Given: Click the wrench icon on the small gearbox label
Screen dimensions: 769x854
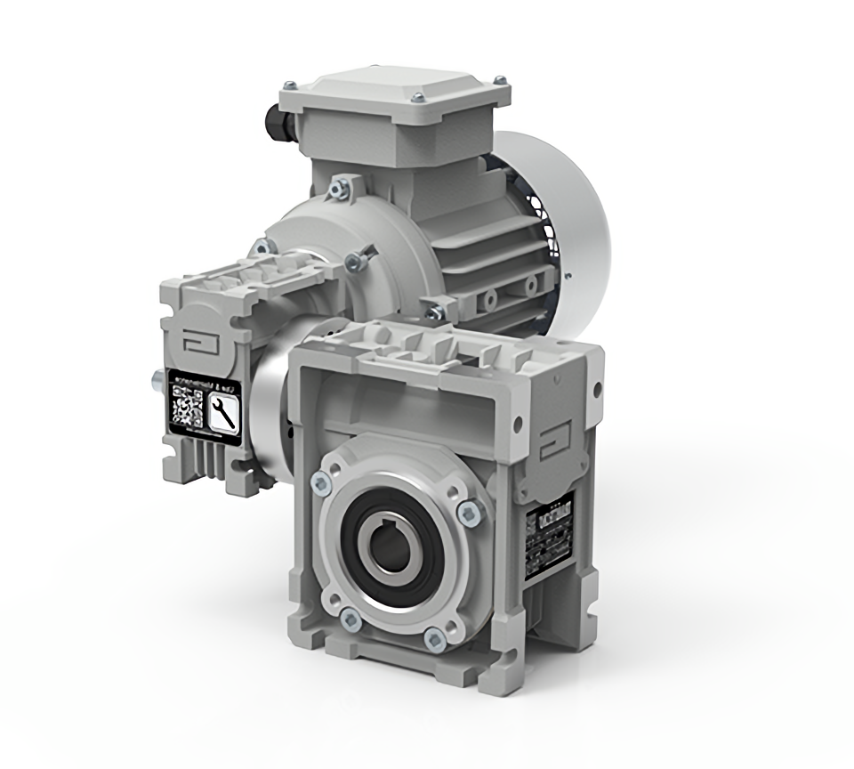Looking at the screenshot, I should (x=222, y=412).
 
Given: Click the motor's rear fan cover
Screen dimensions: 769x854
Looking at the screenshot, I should (x=569, y=223).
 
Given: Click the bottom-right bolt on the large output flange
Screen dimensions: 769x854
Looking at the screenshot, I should (x=434, y=637).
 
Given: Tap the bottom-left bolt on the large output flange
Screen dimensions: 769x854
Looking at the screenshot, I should (x=350, y=618).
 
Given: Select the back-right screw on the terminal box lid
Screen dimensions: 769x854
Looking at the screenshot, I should (x=500, y=81).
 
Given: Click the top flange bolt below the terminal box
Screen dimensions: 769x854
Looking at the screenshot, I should (x=338, y=188).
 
